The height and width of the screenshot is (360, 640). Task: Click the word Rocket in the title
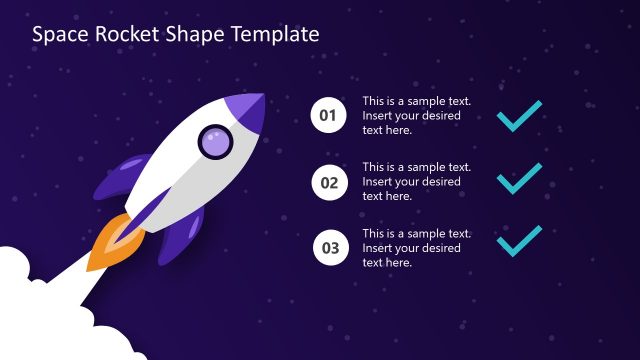pyautogui.click(x=123, y=34)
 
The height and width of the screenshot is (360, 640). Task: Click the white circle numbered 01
pyautogui.click(x=328, y=116)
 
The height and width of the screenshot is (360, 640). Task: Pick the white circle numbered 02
pyautogui.click(x=328, y=182)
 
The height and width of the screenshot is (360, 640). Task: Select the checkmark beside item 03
pyautogui.click(x=520, y=242)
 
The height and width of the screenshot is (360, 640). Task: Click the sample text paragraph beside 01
pyautogui.click(x=416, y=116)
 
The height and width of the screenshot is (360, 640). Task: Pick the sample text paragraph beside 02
pyautogui.click(x=416, y=182)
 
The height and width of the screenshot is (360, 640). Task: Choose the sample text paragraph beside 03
pyautogui.click(x=416, y=248)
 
